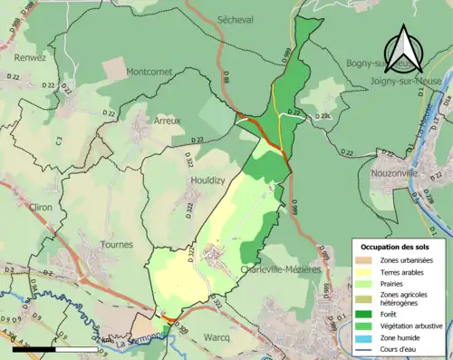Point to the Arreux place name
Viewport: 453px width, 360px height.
pos(166,121)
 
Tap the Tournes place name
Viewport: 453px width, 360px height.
pos(116,245)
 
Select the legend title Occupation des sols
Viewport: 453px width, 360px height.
pos(396,248)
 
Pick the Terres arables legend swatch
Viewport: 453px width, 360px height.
pos(366,272)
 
